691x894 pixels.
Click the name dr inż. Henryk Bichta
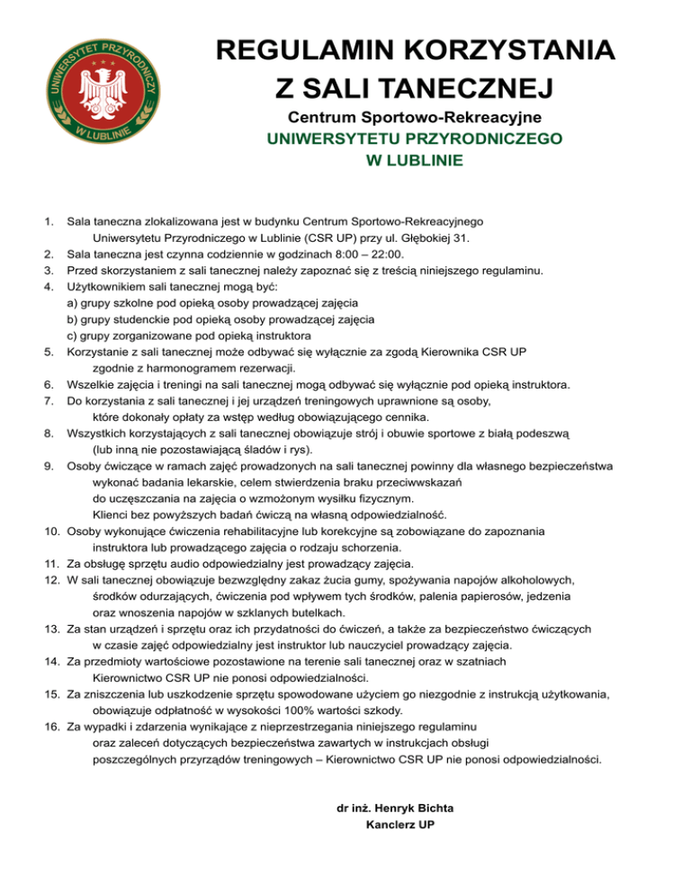394,808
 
